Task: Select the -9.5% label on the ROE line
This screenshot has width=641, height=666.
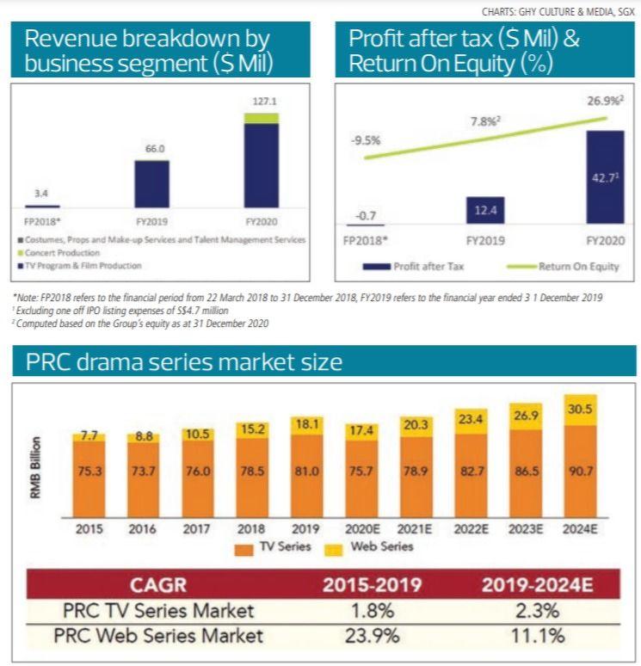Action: click(367, 139)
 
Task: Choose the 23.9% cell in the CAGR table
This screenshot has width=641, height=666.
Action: click(371, 637)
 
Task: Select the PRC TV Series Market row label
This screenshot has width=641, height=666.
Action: click(159, 612)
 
